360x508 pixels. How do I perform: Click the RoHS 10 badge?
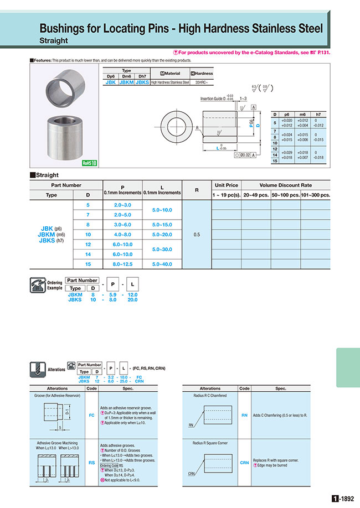tap(89, 163)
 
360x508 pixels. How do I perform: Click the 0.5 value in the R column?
tap(197, 234)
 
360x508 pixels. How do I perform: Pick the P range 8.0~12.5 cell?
tap(123, 264)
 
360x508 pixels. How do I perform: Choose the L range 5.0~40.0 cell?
tap(162, 264)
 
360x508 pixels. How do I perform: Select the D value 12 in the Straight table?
tap(88, 244)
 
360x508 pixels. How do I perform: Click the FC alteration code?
tap(92, 413)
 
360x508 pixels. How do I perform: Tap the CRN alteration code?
tap(244, 463)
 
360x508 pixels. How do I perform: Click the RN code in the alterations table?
tap(244, 414)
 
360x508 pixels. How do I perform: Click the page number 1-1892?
tap(343, 498)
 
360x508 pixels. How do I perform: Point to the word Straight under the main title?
tap(54, 40)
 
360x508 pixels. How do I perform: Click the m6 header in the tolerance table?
tap(302, 114)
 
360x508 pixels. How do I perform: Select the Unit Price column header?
tap(226, 185)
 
